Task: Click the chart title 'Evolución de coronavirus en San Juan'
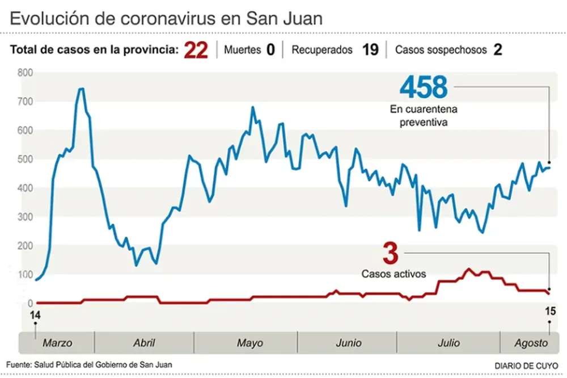click(x=166, y=18)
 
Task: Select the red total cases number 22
click(x=196, y=50)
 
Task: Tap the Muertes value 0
click(x=270, y=50)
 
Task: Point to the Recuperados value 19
click(x=370, y=50)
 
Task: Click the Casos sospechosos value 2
click(x=498, y=50)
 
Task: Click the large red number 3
click(x=390, y=253)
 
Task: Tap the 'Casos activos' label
click(x=393, y=274)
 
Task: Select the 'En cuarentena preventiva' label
click(x=424, y=115)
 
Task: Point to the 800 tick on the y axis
click(x=25, y=73)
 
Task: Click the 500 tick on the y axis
click(x=25, y=159)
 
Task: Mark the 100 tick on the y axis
click(x=25, y=275)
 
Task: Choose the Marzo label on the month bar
click(x=57, y=343)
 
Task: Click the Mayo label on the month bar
click(x=249, y=343)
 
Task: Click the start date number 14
click(x=35, y=315)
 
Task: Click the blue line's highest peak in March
click(x=81, y=89)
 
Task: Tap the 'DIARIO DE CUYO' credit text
click(x=526, y=366)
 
